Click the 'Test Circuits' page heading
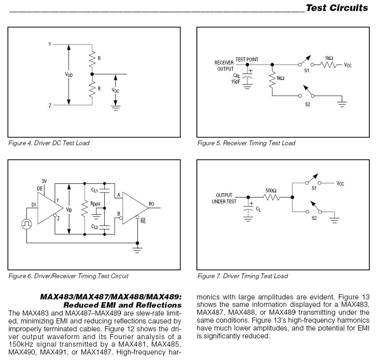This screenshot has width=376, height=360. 336,8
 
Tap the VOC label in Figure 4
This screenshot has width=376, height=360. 115,90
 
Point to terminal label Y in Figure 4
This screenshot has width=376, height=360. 50,44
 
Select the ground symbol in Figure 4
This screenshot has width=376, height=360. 115,107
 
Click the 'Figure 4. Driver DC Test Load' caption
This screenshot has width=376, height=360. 49,143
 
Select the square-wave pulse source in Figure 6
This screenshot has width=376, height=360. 27,224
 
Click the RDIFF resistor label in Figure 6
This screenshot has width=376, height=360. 96,204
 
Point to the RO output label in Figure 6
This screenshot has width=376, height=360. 152,204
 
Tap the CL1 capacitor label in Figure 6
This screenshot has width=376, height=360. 95,190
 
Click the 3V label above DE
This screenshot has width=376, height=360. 44,181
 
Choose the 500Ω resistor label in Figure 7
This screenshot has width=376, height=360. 271,191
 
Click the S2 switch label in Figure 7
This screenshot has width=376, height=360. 315,218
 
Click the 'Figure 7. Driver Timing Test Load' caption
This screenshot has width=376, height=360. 242,276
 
